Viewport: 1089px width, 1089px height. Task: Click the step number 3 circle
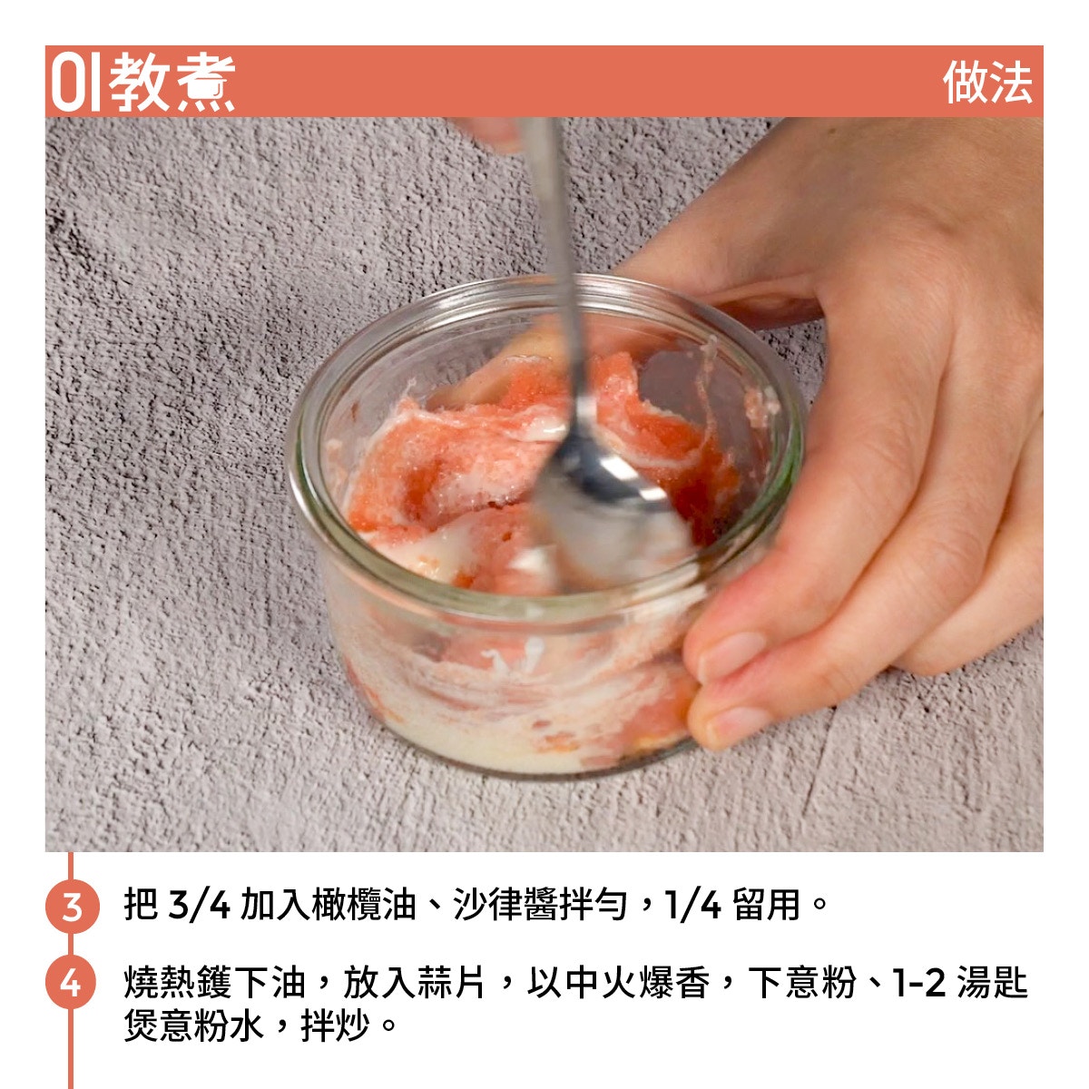tap(72, 906)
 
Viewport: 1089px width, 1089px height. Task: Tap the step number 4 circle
tap(72, 982)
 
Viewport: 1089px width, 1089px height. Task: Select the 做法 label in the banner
tap(988, 83)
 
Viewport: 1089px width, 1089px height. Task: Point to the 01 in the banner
tap(75, 83)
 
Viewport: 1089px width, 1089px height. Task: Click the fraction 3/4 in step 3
tap(199, 906)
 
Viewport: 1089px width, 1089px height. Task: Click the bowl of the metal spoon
tap(611, 497)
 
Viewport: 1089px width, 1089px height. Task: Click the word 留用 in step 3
tap(766, 906)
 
